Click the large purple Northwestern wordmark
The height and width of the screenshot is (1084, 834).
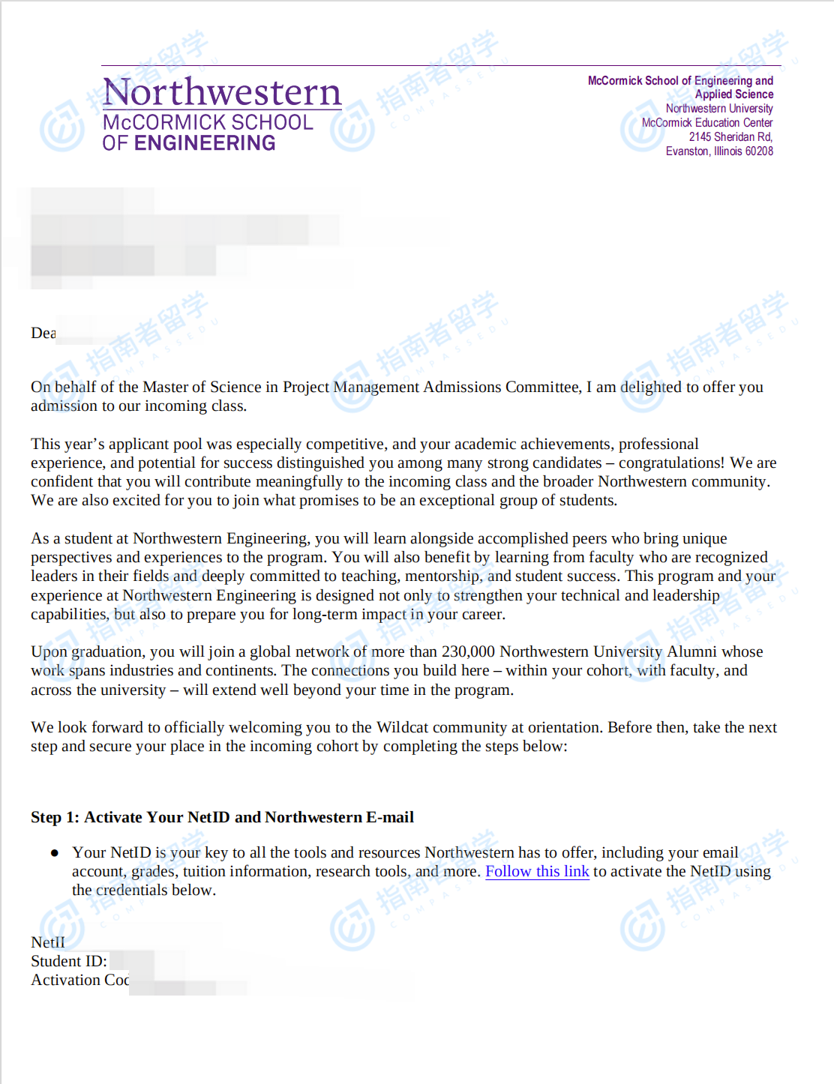(x=222, y=92)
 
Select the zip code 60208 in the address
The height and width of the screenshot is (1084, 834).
(x=759, y=151)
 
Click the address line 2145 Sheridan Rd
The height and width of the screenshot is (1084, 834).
(x=730, y=137)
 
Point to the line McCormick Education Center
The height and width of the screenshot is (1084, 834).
(x=706, y=123)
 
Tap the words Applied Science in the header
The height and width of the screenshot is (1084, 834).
(x=733, y=94)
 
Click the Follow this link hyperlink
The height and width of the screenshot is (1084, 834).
(x=537, y=871)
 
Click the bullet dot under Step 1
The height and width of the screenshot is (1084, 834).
(x=54, y=853)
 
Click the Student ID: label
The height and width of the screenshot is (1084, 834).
(x=68, y=961)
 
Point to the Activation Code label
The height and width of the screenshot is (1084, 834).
(x=79, y=980)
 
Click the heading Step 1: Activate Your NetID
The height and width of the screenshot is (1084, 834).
(x=222, y=817)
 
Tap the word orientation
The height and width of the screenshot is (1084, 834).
(x=563, y=727)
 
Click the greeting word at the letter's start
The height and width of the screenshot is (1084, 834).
(x=43, y=333)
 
